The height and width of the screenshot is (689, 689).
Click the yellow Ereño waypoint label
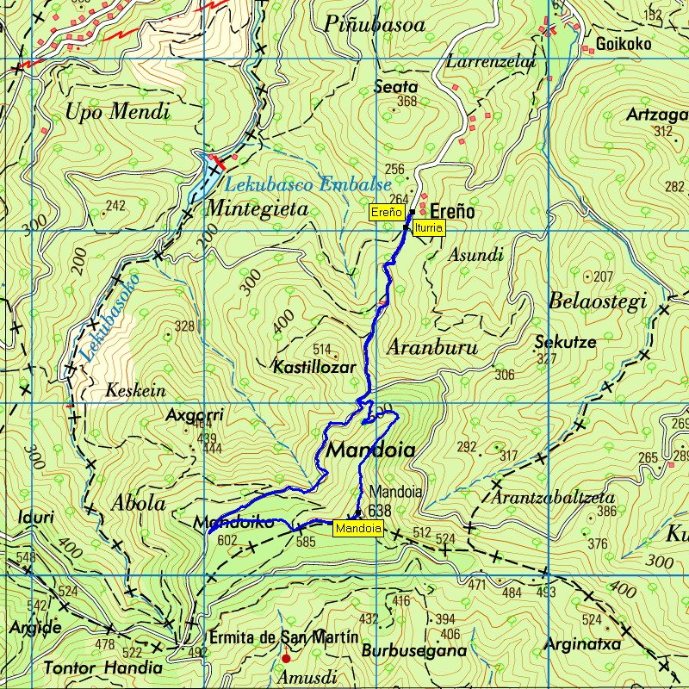(x=387, y=212)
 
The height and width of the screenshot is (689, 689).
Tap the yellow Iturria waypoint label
(x=429, y=227)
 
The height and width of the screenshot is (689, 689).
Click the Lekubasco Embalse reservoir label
(x=307, y=184)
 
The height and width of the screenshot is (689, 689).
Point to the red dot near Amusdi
(x=286, y=659)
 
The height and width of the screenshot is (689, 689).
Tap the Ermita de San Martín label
(x=283, y=637)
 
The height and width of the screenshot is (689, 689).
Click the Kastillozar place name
(x=314, y=367)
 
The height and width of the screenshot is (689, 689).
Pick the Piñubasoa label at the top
(x=376, y=26)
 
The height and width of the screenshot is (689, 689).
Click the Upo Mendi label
(x=117, y=111)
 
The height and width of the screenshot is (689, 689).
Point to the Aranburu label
(x=431, y=348)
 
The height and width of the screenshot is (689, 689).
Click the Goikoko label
(x=624, y=45)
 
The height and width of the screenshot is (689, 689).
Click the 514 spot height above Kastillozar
(x=322, y=350)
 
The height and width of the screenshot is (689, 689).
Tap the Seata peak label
(x=396, y=87)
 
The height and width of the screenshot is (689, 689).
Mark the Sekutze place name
(x=565, y=342)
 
